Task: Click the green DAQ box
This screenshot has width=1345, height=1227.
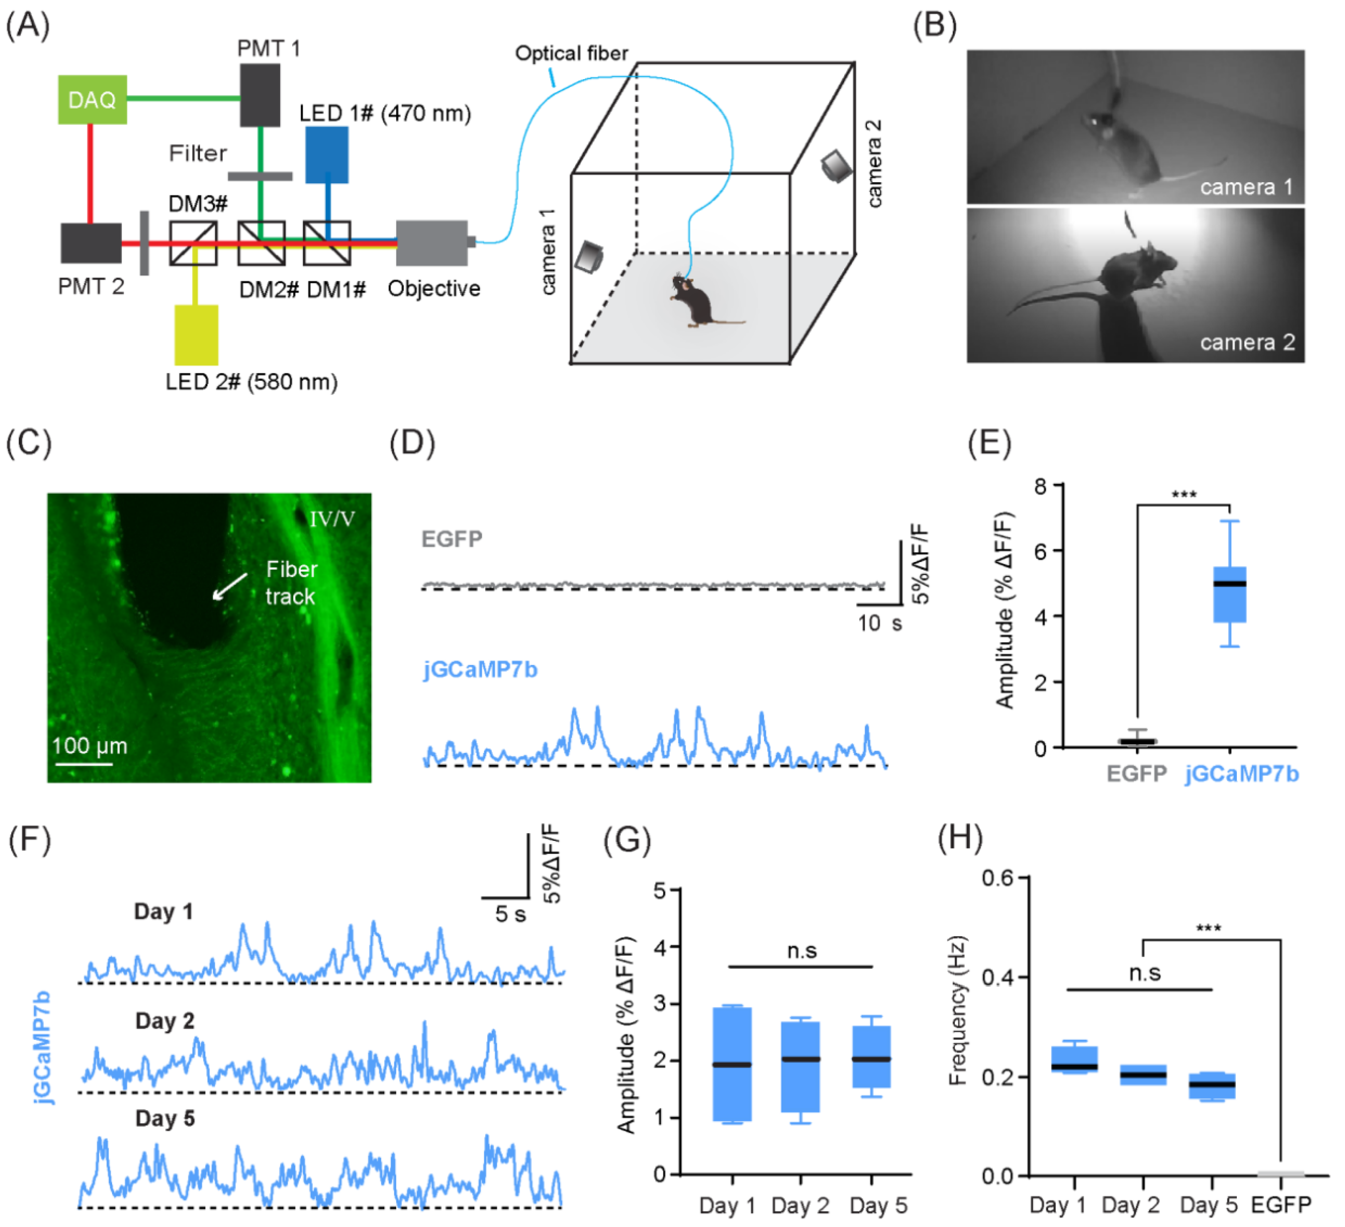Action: (92, 99)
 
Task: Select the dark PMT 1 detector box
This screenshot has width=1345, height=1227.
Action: (260, 95)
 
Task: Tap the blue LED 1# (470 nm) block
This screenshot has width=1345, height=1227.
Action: (326, 154)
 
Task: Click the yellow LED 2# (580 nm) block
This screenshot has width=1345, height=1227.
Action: (196, 334)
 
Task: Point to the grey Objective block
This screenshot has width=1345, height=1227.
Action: (432, 243)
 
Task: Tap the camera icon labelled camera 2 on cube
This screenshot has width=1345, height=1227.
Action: (836, 165)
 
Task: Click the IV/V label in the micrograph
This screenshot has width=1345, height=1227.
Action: (331, 519)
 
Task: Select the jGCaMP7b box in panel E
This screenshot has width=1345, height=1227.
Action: (1229, 594)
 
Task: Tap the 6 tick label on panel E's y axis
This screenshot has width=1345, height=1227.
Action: (1039, 551)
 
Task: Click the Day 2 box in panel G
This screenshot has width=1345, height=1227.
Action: (800, 1066)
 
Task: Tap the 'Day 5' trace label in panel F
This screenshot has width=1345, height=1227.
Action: (165, 1118)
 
